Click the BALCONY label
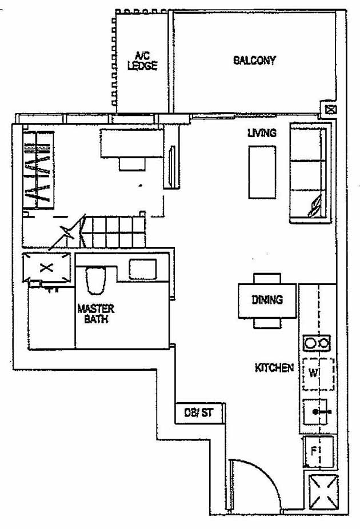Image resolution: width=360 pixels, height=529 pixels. pos(254,60)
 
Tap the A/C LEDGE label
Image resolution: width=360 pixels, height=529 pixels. pos(142,61)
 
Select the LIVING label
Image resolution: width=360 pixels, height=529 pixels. pos(262,133)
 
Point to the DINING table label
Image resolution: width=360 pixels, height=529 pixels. pos(267,299)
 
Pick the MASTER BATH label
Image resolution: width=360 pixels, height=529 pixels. pos(95,314)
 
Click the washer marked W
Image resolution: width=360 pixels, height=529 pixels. pos(317,374)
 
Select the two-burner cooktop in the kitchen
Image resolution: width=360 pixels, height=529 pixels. pos(317,343)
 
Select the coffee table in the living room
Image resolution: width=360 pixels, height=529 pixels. pos(262,172)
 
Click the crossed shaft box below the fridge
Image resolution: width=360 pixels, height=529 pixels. pos(323,492)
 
